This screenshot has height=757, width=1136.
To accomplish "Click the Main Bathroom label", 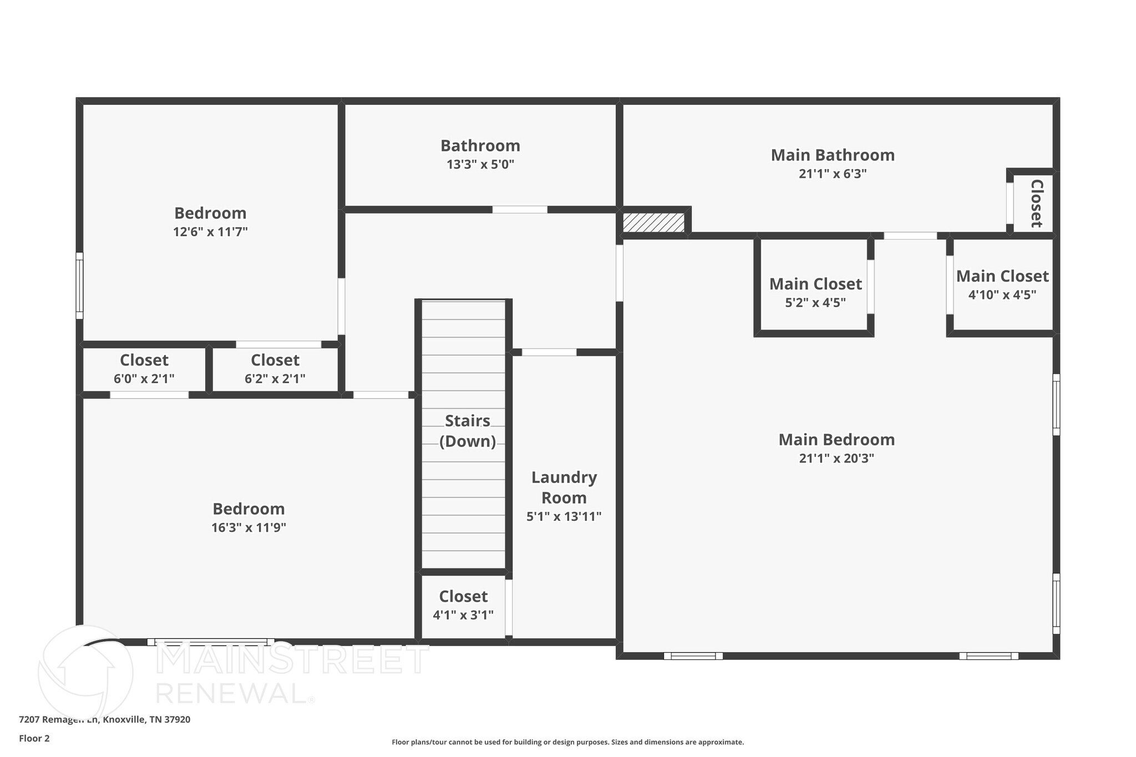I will coord(833,155).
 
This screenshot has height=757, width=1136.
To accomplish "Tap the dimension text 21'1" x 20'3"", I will coord(836,458).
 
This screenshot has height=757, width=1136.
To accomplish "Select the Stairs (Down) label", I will coord(467,431).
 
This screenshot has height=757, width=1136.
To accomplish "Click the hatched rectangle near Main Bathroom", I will coord(653,223).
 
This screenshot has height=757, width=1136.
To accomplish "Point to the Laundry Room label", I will coord(564,487).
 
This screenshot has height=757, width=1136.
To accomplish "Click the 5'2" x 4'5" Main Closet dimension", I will coord(815,303).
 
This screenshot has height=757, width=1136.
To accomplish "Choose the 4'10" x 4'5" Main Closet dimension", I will coord(1002,295).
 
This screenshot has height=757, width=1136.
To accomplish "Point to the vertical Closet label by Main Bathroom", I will coord(1036,203).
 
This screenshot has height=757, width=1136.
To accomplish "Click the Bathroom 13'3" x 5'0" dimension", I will coord(480,165).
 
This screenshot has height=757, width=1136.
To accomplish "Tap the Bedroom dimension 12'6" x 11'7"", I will coord(210,232).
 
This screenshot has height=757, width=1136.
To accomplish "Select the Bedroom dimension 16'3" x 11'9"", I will coord(248,527).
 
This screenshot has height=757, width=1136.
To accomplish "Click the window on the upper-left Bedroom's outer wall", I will coord(79,286).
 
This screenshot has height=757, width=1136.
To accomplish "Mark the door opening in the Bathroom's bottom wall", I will coord(520,210).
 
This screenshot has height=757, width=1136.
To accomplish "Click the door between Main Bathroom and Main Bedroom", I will coord(910,236).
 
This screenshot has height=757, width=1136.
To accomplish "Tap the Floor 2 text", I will coord(34,738).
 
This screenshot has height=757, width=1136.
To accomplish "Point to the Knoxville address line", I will coord(105,719).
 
